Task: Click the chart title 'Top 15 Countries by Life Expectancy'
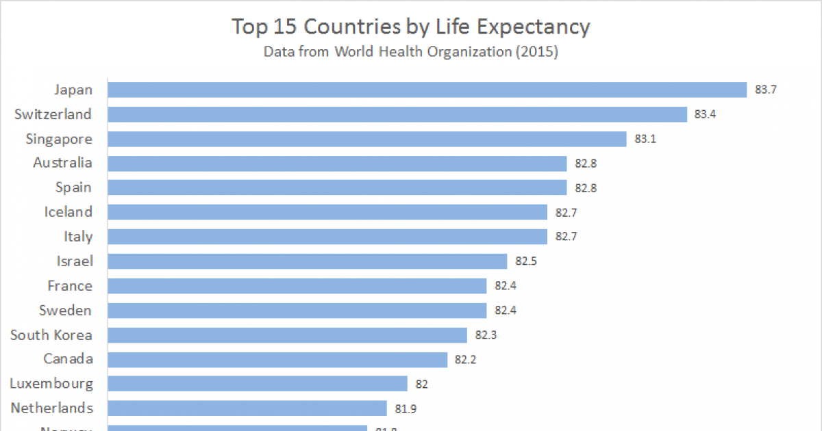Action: pyautogui.click(x=410, y=27)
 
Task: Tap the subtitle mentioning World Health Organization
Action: pyautogui.click(x=410, y=52)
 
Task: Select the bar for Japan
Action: pyautogui.click(x=427, y=90)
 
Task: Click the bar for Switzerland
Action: pyautogui.click(x=397, y=114)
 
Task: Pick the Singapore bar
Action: pyautogui.click(x=367, y=139)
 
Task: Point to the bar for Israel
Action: pyautogui.click(x=308, y=261)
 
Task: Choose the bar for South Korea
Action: pyautogui.click(x=288, y=335)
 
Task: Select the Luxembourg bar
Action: pyautogui.click(x=258, y=384)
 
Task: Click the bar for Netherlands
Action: pyautogui.click(x=247, y=408)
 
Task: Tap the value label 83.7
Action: pyautogui.click(x=765, y=90)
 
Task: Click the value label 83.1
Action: pyautogui.click(x=645, y=139)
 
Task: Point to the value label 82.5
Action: pyautogui.click(x=526, y=261)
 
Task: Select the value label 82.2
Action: pyautogui.click(x=466, y=359)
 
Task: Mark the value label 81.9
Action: pyautogui.click(x=406, y=408)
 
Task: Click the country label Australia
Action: pyautogui.click(x=62, y=163)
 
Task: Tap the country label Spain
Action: pyautogui.click(x=73, y=187)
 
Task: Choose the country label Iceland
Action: pyautogui.click(x=68, y=212)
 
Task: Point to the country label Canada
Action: pyautogui.click(x=68, y=359)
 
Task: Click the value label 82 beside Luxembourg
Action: pyautogui.click(x=421, y=384)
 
